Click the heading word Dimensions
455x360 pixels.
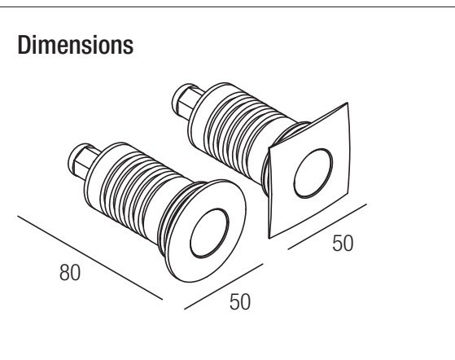tap(76, 45)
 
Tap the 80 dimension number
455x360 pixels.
tap(70, 272)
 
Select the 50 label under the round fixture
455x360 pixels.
tap(239, 302)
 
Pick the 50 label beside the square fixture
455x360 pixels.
tap(343, 243)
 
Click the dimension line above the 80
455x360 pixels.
tap(90, 257)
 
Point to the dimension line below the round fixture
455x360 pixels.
tap(224, 286)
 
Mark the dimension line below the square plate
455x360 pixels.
tap(327, 226)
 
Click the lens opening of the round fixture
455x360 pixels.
tap(209, 233)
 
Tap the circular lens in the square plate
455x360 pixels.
tap(313, 173)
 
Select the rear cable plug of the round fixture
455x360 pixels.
tap(82, 160)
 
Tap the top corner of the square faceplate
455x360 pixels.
tap(347, 103)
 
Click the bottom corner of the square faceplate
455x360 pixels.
tap(269, 238)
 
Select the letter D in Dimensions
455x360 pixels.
tap(24, 45)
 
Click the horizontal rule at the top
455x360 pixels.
tap(228, 7)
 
